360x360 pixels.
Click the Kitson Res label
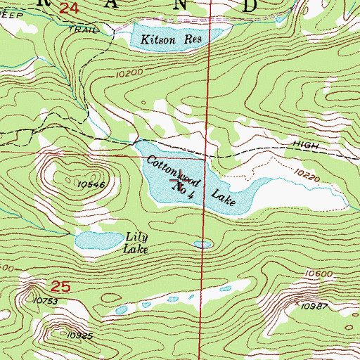[171, 39]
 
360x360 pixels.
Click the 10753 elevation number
[44, 300]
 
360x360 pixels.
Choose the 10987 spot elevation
[314, 307]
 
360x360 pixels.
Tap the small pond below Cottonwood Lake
[203, 245]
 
